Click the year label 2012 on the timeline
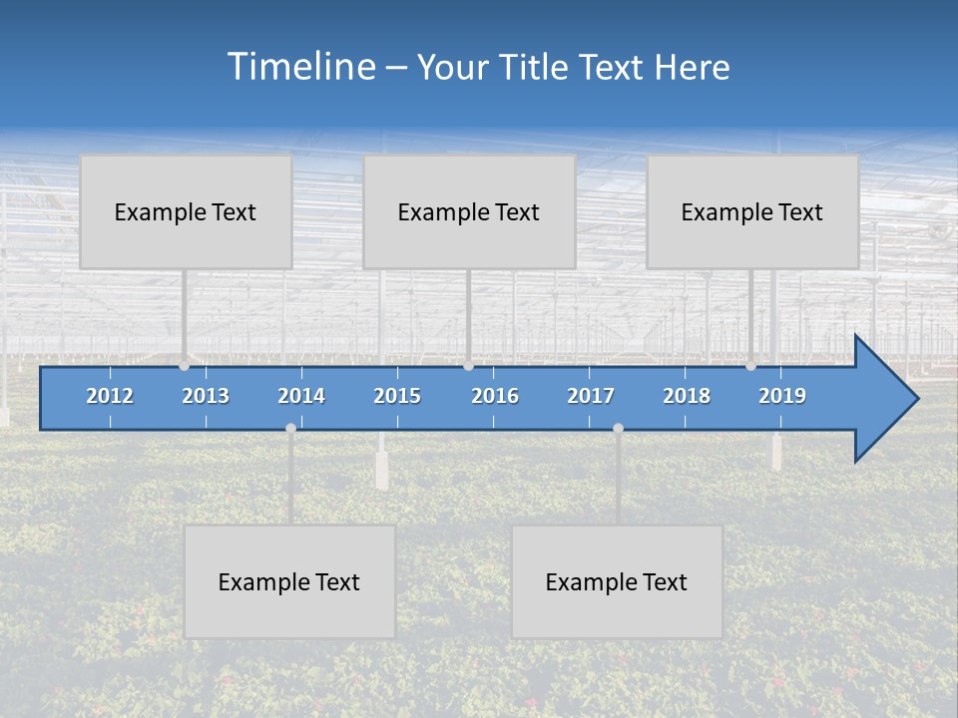pos(110,396)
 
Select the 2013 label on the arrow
pos(206,396)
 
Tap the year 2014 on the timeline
pos(301,396)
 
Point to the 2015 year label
pos(397,396)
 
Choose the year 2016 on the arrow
pos(495,396)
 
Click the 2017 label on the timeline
pos(591,396)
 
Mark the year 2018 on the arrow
pos(687,396)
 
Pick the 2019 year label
pos(782,396)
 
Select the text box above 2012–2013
pos(186,211)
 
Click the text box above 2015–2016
pos(469,211)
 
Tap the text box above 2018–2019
pos(752,211)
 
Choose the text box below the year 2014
pos(289,581)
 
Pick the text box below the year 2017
pos(617,581)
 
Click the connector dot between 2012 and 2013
pos(185,366)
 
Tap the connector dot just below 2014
pos(290,428)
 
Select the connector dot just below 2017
pos(618,428)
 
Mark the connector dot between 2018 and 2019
pos(750,366)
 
